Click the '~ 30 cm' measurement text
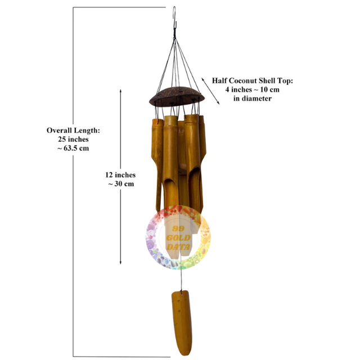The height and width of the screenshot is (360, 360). [121, 184]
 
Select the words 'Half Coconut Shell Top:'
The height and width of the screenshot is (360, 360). [253, 81]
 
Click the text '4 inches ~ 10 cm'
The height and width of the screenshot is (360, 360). [253, 89]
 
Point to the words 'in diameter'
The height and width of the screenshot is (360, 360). [253, 98]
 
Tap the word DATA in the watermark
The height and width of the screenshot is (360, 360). [178, 247]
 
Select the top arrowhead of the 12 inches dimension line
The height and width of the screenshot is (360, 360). [121, 90]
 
